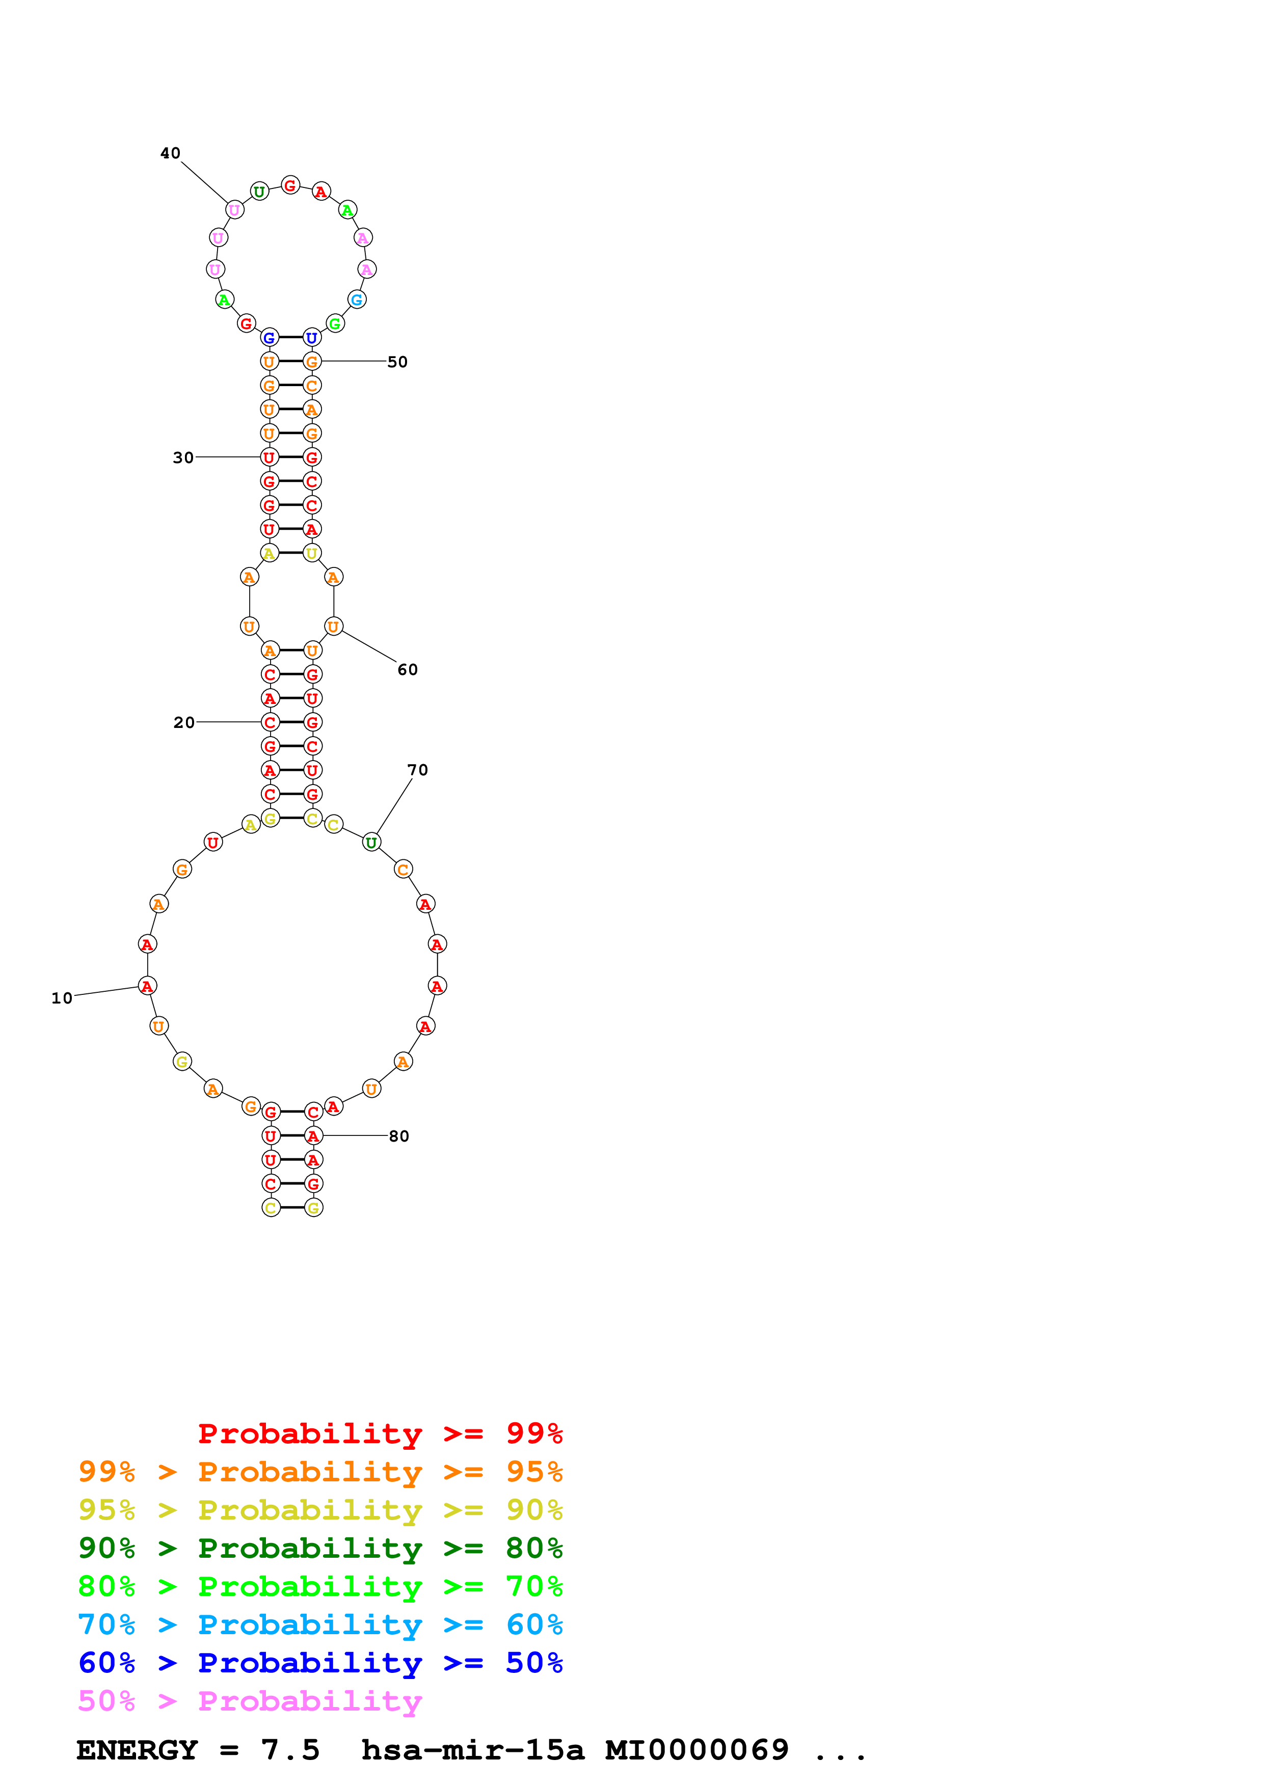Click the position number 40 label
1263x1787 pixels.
[171, 153]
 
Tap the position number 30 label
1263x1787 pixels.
[183, 457]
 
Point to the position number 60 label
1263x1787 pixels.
[407, 669]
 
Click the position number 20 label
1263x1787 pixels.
[183, 722]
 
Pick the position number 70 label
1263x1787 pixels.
[417, 770]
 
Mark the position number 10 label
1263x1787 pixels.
[62, 998]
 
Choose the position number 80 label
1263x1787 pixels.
[398, 1136]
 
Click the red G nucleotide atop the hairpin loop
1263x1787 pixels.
[290, 185]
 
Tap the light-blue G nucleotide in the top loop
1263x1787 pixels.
[357, 300]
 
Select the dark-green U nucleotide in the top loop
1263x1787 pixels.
[259, 192]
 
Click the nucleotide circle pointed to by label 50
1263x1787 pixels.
[312, 361]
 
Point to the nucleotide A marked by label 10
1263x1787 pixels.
[147, 986]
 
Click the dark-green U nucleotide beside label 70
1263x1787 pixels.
[372, 842]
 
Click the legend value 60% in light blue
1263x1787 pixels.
[534, 1624]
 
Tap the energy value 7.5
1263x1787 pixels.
[290, 1750]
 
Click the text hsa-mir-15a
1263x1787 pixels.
[472, 1750]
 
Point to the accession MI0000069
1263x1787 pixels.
[696, 1750]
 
